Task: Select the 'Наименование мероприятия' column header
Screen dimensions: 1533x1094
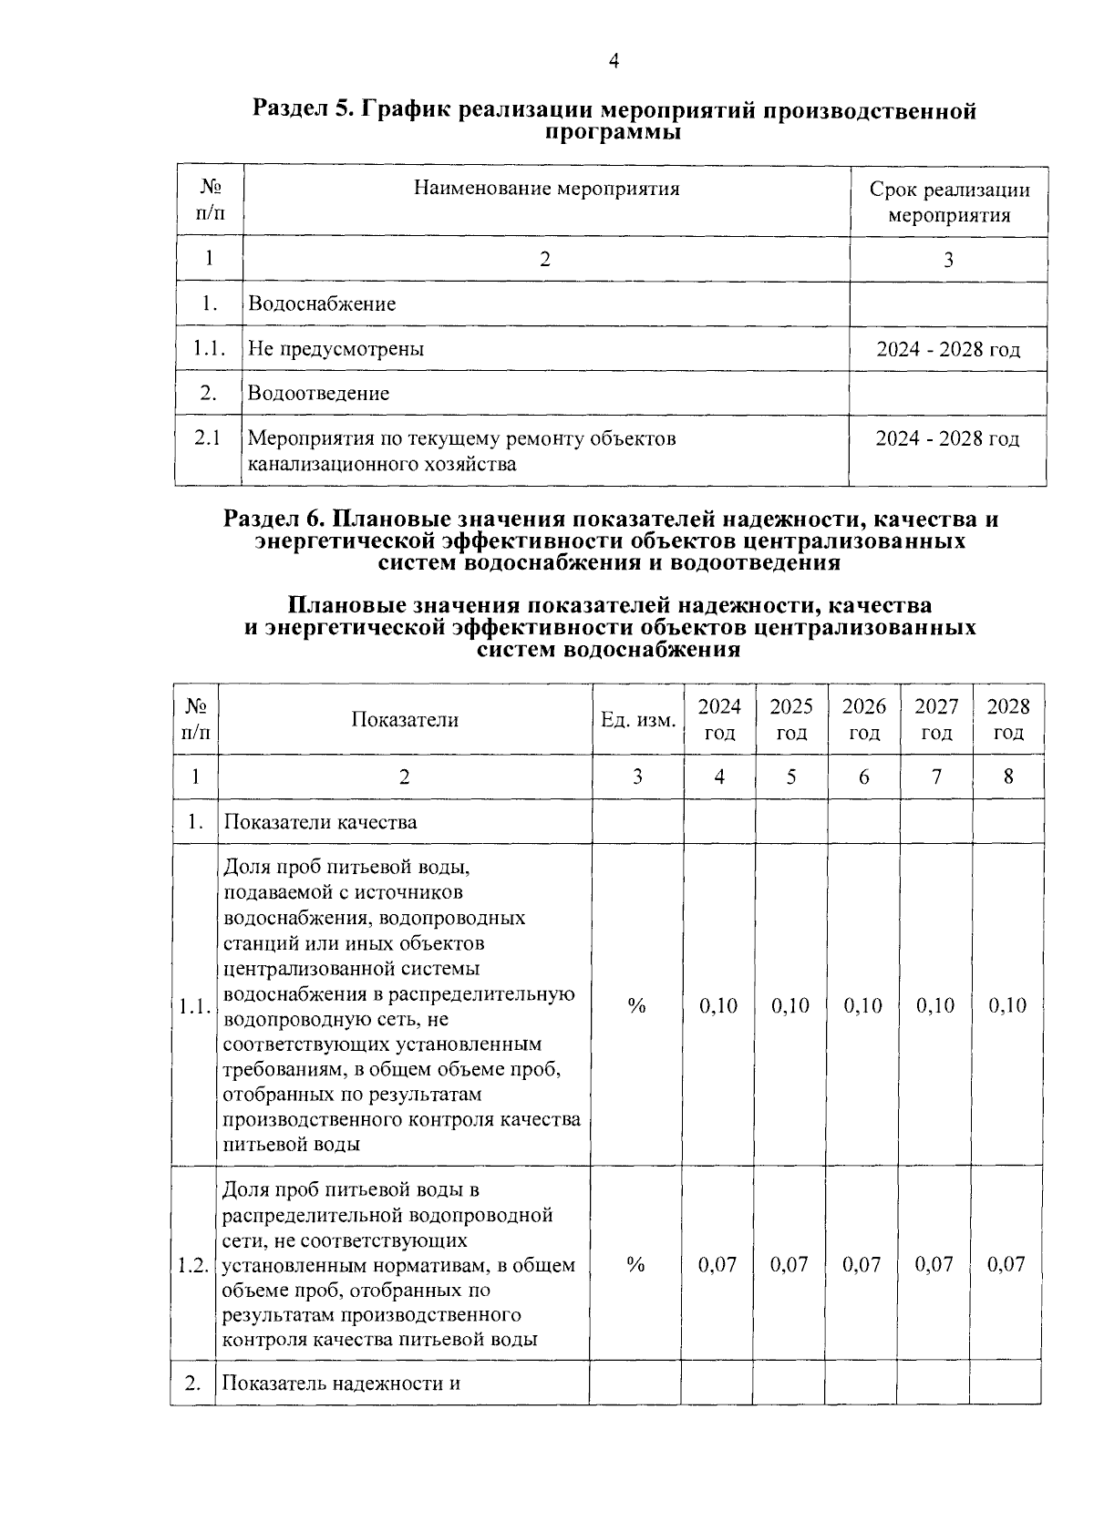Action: [546, 189]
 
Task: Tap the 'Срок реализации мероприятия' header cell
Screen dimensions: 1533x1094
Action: [948, 202]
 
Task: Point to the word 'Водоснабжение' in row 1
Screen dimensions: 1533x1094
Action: [322, 304]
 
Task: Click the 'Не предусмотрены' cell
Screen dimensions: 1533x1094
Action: [335, 348]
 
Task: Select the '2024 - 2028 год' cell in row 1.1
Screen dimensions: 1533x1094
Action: [948, 349]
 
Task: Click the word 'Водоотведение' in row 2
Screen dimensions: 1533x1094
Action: [318, 393]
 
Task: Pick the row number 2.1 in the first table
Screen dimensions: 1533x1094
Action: [208, 438]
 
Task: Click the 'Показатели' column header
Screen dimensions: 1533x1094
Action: [405, 719]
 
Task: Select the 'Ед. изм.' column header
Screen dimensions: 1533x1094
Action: [637, 720]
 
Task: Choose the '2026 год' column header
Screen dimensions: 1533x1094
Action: [863, 719]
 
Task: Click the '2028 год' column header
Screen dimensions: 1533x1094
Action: [1008, 719]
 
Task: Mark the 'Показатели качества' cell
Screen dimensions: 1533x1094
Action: [320, 822]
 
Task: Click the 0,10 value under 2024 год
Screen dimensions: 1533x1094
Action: [718, 1005]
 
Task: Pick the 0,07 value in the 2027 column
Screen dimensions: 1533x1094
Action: [934, 1264]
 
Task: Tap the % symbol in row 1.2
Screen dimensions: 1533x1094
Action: [636, 1264]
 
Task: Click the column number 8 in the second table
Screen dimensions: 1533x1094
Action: [1008, 777]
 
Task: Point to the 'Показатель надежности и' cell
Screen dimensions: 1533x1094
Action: [341, 1383]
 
